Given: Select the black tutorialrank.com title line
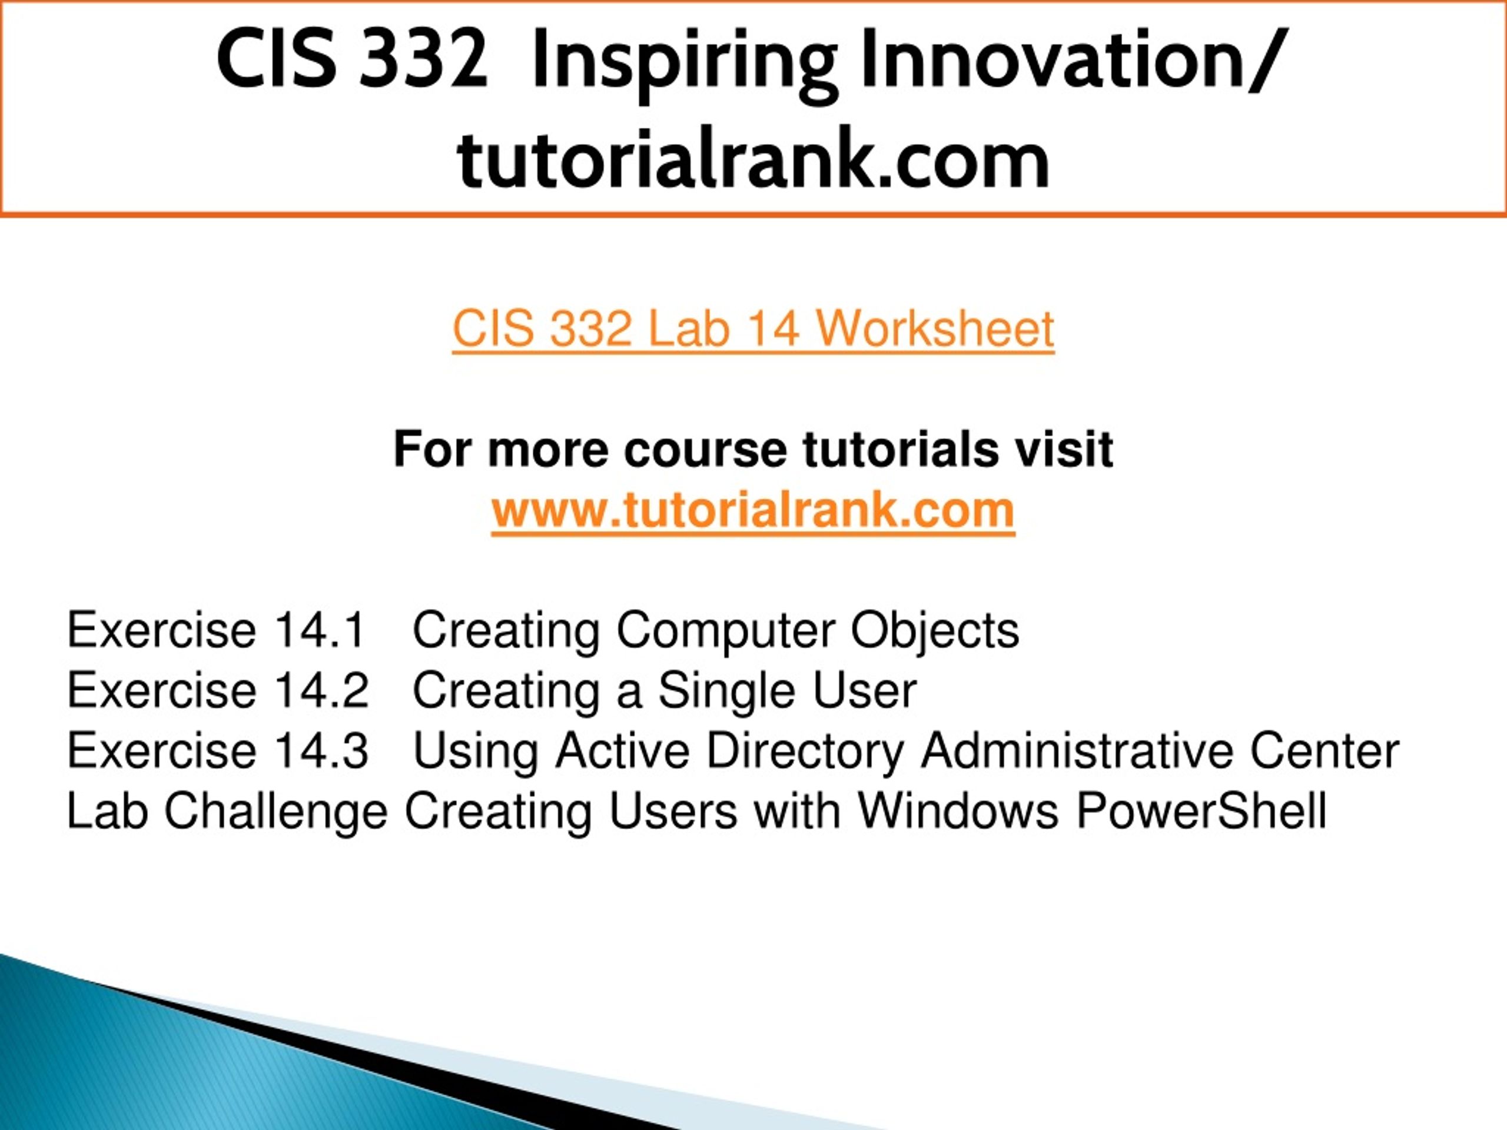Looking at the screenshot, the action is [753, 159].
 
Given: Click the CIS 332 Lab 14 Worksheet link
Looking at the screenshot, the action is [753, 329].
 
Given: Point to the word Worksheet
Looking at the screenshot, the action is [935, 329].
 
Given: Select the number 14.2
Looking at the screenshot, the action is [320, 690].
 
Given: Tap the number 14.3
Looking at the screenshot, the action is [320, 750].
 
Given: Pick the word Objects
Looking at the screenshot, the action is [935, 632].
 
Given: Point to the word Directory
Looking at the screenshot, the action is [805, 753].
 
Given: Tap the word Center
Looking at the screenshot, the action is [1325, 750].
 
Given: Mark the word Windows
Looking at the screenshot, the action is [958, 810].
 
